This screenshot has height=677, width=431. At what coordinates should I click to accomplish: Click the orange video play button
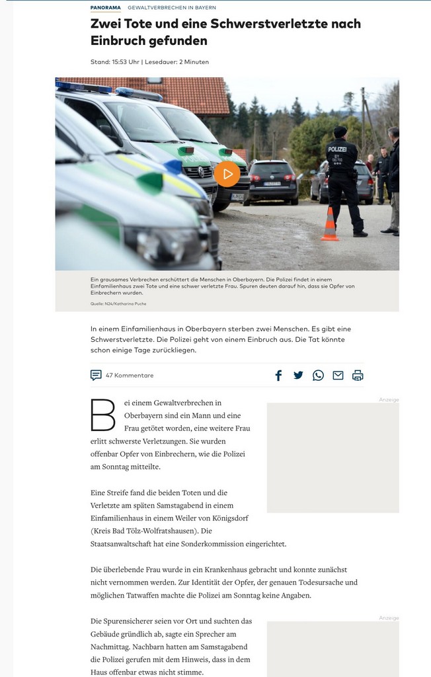(227, 174)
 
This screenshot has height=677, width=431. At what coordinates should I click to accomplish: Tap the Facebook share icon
(278, 376)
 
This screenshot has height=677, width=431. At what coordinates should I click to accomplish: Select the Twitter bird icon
(298, 376)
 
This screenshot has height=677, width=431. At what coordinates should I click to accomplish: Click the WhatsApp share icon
(318, 376)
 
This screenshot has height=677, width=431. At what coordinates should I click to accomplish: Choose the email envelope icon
(338, 376)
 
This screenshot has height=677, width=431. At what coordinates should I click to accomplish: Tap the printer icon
(358, 376)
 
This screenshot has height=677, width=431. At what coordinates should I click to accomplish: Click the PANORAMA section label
(106, 8)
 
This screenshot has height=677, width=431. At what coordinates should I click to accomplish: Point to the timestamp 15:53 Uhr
(126, 62)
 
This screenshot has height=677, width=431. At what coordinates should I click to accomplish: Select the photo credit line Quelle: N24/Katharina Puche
(119, 304)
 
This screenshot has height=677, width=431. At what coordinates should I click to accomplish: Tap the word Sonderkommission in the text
(220, 544)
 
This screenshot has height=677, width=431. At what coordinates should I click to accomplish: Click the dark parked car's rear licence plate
(272, 183)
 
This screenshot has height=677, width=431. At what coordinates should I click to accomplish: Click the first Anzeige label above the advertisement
(389, 400)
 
